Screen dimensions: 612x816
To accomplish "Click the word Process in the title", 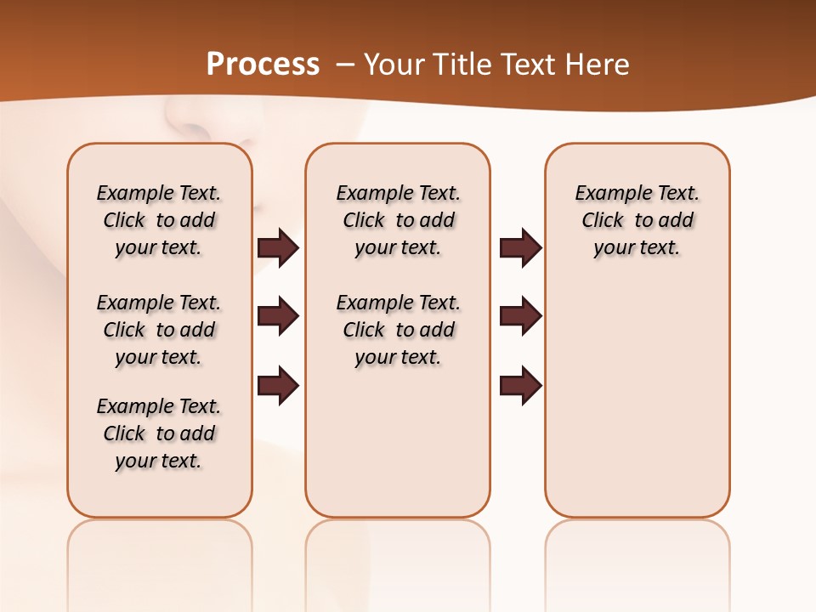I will click(263, 65).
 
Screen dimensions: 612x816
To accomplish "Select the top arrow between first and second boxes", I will click(278, 248).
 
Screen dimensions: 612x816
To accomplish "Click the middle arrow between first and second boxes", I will click(278, 317).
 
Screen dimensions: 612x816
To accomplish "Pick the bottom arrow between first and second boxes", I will click(278, 385).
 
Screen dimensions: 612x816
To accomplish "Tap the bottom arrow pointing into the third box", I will click(520, 385).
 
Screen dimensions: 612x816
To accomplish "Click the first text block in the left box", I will click(159, 220).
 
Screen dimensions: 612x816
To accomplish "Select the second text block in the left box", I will click(159, 330).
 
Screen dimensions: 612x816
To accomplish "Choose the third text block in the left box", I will click(159, 433).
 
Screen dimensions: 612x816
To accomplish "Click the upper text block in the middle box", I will click(398, 220).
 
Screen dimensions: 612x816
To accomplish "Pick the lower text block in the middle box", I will click(398, 330).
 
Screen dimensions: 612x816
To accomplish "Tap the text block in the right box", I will click(637, 220).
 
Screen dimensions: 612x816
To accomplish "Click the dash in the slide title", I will click(343, 65).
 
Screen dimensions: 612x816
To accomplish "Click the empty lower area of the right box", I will click(637, 408).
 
